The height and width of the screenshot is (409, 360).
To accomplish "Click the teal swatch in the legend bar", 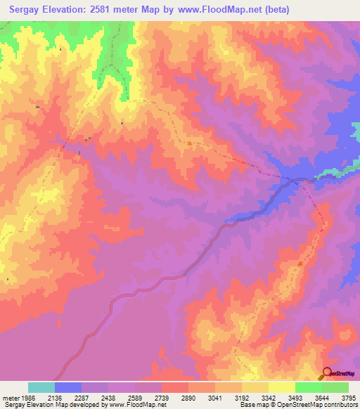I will click(x=41, y=387).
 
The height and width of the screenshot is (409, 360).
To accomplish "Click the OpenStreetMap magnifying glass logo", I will click(x=327, y=373).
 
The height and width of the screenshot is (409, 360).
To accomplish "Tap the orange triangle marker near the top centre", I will click(x=190, y=143).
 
